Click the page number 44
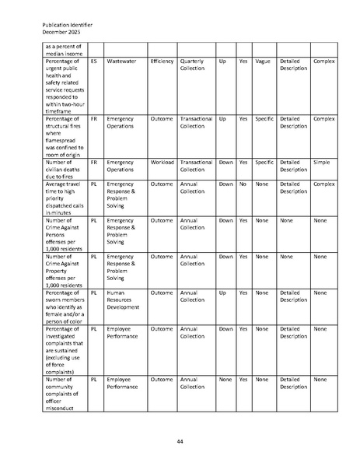[180, 442]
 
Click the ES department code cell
[93, 61]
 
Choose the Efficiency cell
[162, 61]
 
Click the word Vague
[263, 61]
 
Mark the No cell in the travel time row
[243, 184]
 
